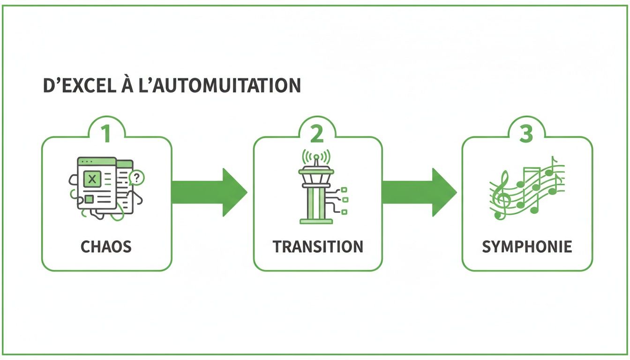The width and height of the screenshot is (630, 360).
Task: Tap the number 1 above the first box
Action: [106, 134]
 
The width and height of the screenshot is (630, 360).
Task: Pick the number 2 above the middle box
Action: [317, 134]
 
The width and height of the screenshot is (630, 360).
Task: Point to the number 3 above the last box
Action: [526, 134]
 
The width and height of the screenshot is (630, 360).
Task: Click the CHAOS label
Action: [106, 247]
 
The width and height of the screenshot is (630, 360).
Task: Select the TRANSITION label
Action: [318, 247]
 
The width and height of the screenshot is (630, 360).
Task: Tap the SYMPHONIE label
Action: [527, 247]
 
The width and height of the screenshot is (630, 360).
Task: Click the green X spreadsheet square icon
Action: [92, 179]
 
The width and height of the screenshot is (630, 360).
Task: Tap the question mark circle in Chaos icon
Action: [137, 177]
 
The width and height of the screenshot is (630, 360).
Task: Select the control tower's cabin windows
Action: [316, 179]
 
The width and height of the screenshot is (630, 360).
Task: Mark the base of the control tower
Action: [316, 220]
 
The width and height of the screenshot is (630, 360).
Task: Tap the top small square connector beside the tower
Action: [344, 189]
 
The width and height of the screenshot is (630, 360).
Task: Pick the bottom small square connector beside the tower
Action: [344, 212]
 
